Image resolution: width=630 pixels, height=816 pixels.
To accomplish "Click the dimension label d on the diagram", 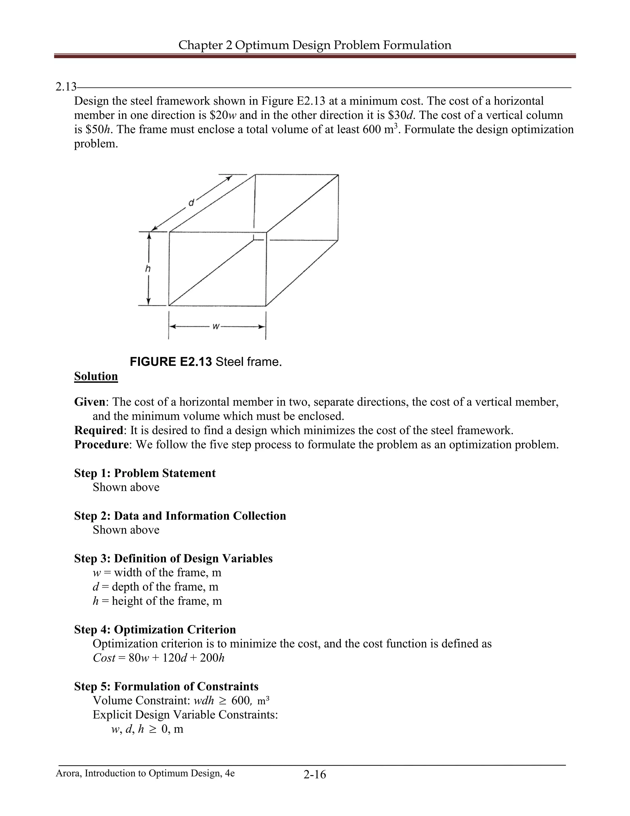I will (191, 203).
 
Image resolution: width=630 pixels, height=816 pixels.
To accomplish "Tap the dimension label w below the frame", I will (216, 326).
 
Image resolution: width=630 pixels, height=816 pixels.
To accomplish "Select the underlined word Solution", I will (96, 376).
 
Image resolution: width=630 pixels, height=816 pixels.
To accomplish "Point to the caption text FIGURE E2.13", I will (170, 362).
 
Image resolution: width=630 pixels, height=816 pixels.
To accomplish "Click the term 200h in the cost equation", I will (212, 658).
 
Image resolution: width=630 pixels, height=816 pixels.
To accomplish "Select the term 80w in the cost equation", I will (138, 658).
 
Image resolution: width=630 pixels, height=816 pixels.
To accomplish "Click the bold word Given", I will (90, 402).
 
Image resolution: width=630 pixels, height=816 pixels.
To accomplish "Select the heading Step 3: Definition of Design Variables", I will (173, 558).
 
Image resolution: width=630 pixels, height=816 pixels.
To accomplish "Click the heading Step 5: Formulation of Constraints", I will (166, 686).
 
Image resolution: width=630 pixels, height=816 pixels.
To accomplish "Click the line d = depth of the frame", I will (155, 587).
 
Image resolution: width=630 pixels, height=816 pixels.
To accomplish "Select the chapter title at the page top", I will (315, 45).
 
